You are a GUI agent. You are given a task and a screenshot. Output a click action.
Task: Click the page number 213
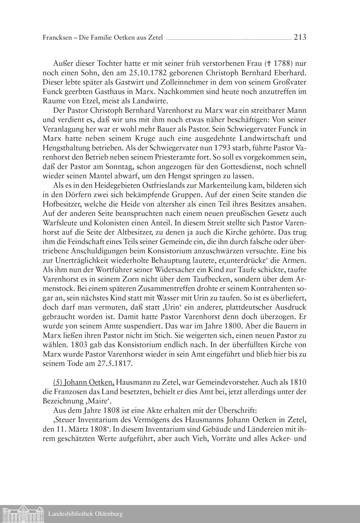(300, 37)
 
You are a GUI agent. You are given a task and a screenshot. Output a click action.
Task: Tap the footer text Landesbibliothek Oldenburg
(85, 514)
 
